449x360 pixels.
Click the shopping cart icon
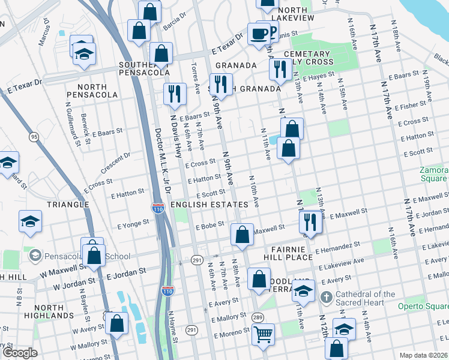point(263,335)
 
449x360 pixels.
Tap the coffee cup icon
point(259,34)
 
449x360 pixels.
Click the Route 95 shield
point(34,137)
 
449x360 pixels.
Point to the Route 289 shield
point(258,317)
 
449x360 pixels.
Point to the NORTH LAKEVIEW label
point(288,14)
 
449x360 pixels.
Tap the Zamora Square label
point(433,174)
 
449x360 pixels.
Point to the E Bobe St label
point(209,226)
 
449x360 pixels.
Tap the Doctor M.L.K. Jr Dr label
point(163,160)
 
